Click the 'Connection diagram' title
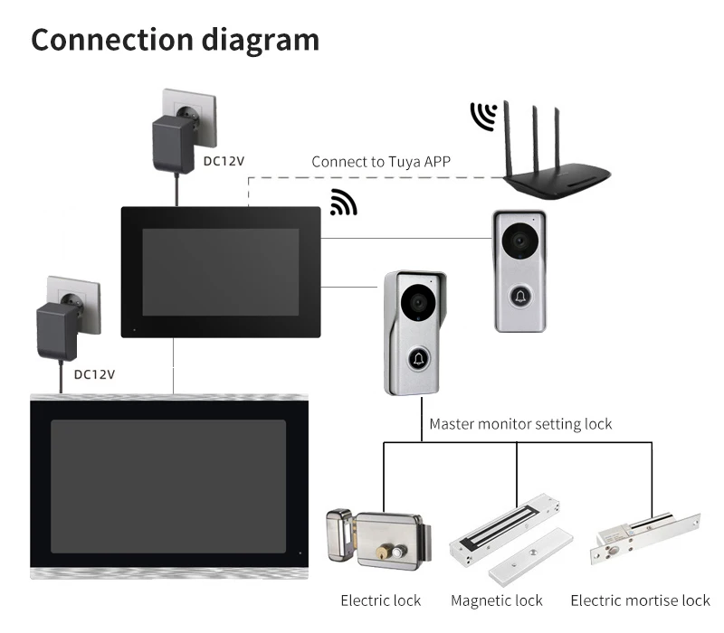[175, 40]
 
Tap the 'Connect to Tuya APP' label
[381, 162]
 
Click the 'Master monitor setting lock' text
[520, 423]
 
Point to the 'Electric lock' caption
[380, 600]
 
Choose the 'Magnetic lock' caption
[496, 600]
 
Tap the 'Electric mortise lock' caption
[641, 600]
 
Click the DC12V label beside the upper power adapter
[224, 161]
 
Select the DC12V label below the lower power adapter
[94, 374]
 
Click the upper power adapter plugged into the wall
[173, 144]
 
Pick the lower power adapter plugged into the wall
[57, 331]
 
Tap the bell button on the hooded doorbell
[419, 359]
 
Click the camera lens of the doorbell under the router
[519, 241]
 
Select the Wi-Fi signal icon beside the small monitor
[344, 203]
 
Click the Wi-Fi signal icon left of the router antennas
[484, 116]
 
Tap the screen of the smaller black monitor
[220, 272]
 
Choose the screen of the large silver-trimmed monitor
[168, 487]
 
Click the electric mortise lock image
[645, 538]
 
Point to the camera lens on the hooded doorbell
[418, 302]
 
